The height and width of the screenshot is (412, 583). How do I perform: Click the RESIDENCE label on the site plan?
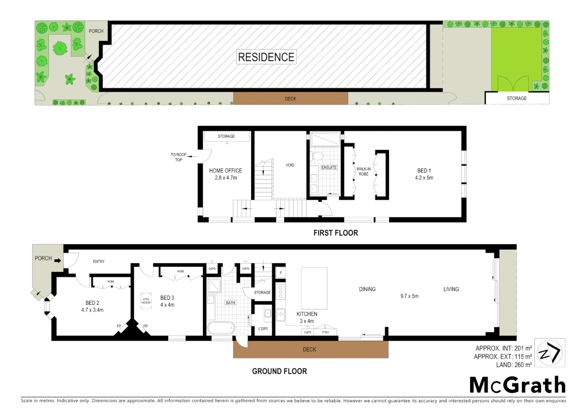point(266,57)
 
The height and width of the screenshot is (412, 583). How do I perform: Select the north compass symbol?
point(549,353)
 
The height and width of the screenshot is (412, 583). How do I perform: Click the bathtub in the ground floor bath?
point(221,328)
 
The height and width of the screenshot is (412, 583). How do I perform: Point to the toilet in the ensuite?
point(317,156)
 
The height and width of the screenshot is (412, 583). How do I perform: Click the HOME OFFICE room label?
point(225,171)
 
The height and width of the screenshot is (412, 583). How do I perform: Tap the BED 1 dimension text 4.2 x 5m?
point(424,178)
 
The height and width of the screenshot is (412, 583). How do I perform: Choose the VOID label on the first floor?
point(290,165)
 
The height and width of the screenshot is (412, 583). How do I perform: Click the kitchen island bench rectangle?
point(314,288)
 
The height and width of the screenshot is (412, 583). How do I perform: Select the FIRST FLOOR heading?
point(335,233)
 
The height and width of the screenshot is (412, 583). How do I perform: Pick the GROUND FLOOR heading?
point(279,371)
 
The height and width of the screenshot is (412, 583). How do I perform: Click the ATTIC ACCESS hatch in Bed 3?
point(146,301)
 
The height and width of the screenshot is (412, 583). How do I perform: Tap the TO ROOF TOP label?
point(179,157)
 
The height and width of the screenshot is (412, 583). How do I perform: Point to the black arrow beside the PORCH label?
point(58,261)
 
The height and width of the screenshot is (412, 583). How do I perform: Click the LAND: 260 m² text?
point(514,365)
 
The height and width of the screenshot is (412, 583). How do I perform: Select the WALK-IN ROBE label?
point(363,171)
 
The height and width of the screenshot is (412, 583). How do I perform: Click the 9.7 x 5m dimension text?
point(409,296)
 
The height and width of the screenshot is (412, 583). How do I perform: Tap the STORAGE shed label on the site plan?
point(517,98)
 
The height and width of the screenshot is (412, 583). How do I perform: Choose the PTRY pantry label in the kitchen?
point(325,332)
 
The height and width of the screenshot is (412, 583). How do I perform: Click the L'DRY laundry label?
point(263,328)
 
